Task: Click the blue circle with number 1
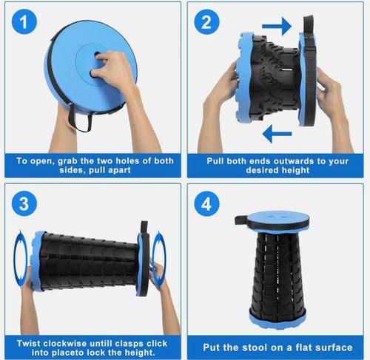(24, 21)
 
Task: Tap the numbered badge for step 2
(206, 22)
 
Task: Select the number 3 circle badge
(24, 204)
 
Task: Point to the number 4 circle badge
(206, 204)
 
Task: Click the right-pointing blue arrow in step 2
(277, 26)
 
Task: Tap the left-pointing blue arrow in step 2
(277, 134)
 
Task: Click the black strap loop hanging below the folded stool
(80, 118)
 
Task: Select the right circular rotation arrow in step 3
(159, 259)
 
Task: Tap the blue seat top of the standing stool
(278, 217)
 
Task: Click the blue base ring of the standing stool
(277, 321)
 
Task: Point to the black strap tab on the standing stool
(240, 220)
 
